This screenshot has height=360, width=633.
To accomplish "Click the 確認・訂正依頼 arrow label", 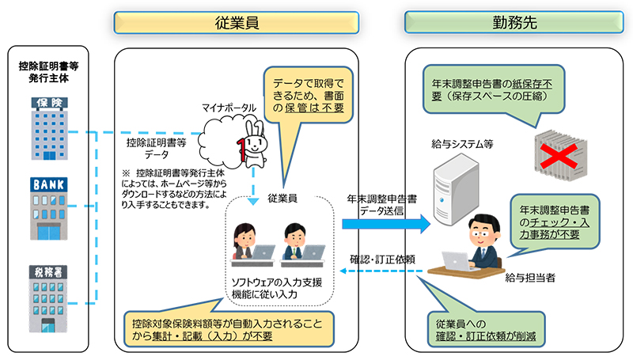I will (x=378, y=258).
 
